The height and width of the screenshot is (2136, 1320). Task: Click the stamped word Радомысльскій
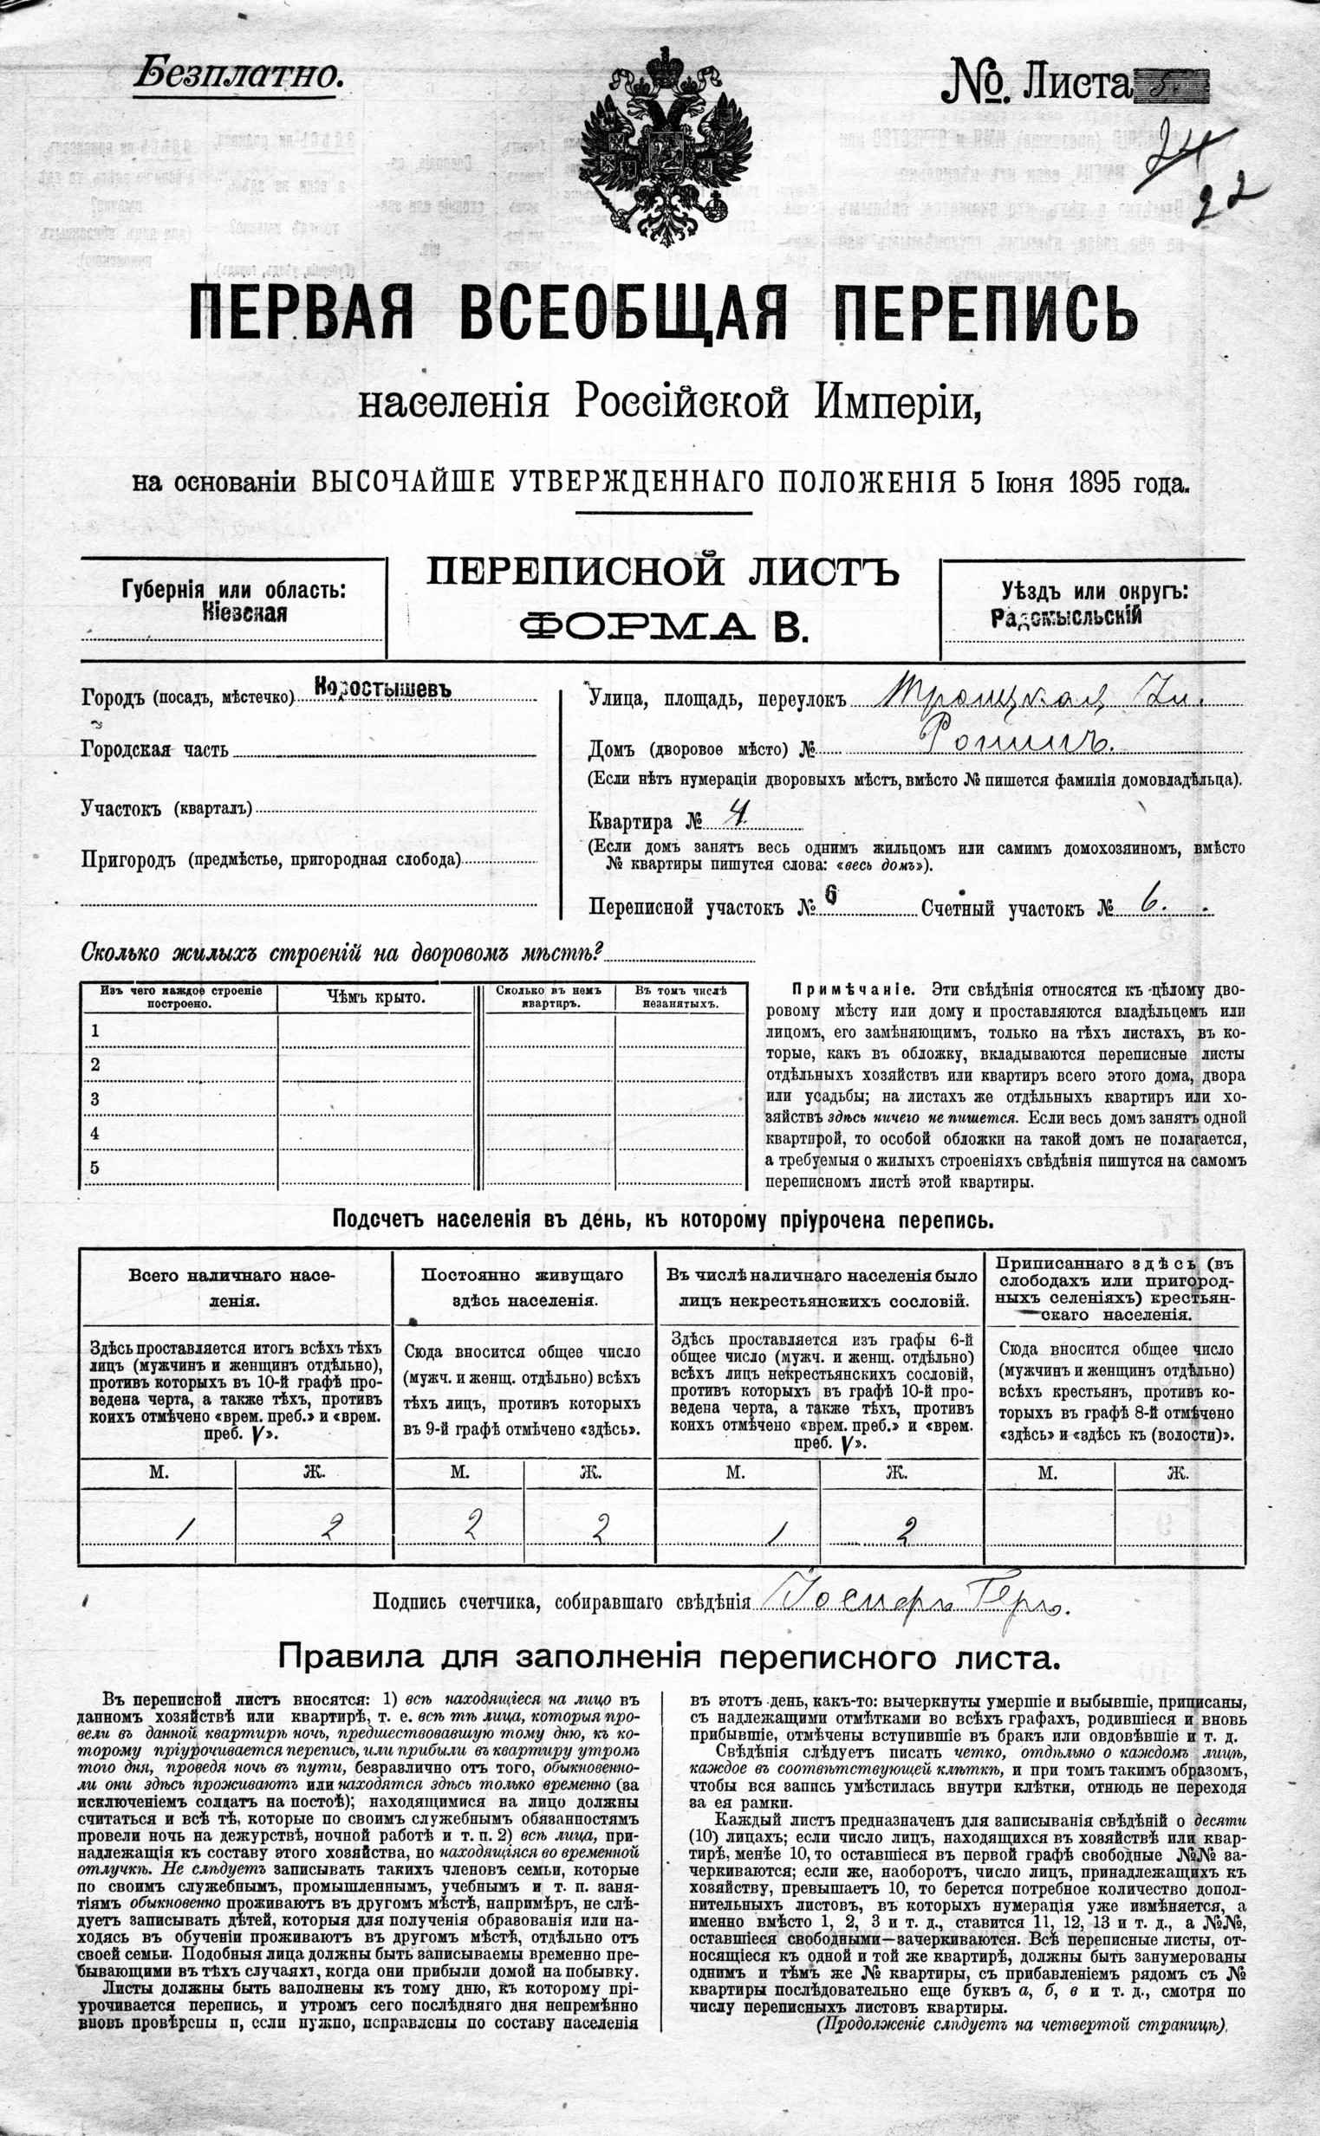pyautogui.click(x=1066, y=618)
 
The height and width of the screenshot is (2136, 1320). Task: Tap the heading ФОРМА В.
pyautogui.click(x=662, y=626)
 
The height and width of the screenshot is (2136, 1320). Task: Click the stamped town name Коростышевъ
pyautogui.click(x=383, y=688)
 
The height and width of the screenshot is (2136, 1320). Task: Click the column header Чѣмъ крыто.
pyautogui.click(x=376, y=997)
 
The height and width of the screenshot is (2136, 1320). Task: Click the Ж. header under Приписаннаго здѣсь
pyautogui.click(x=1178, y=1473)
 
